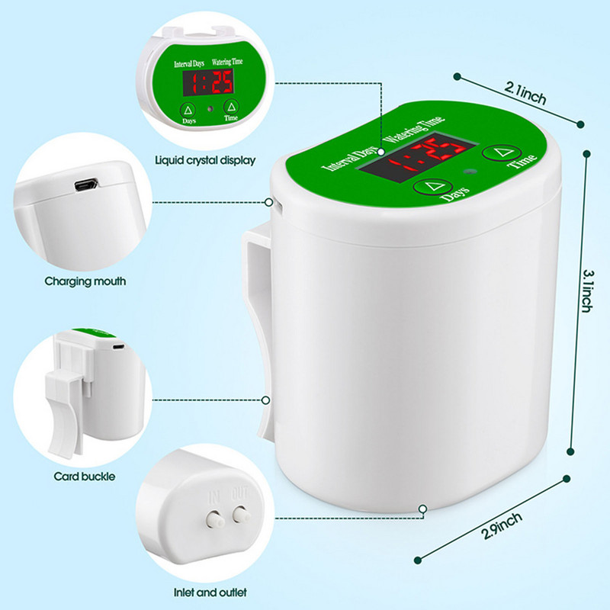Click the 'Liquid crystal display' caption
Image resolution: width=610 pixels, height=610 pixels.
pyautogui.click(x=205, y=160)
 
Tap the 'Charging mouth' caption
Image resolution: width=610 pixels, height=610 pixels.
pyautogui.click(x=85, y=281)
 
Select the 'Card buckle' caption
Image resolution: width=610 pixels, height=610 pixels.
pyautogui.click(x=85, y=477)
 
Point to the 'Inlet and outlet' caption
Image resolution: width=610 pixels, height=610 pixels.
pyautogui.click(x=210, y=592)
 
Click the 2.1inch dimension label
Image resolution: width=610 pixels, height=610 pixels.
pyautogui.click(x=525, y=93)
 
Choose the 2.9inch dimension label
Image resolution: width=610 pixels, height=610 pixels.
pyautogui.click(x=502, y=525)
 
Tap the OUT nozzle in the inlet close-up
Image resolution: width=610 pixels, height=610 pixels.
pyautogui.click(x=242, y=514)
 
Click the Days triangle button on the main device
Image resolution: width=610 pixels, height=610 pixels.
pyautogui.click(x=433, y=186)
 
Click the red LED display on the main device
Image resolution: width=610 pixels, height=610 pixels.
pyautogui.click(x=417, y=155)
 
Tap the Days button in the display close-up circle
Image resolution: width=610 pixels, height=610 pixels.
pyautogui.click(x=188, y=110)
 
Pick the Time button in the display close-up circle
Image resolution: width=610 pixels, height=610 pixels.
pyautogui.click(x=232, y=107)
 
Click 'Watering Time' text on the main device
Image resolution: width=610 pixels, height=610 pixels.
pyautogui.click(x=413, y=129)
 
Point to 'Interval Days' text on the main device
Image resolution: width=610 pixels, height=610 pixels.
pyautogui.click(x=350, y=159)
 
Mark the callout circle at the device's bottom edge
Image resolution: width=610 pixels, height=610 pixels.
pyautogui.click(x=423, y=509)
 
